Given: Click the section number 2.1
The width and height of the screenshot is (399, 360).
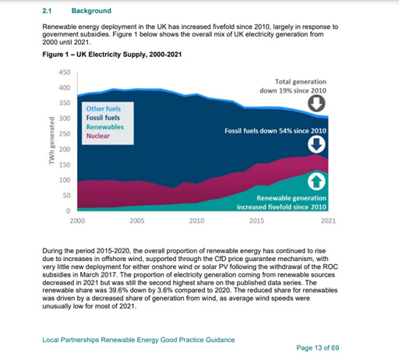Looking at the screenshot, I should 46,11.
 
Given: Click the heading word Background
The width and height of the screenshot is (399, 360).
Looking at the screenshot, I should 91,11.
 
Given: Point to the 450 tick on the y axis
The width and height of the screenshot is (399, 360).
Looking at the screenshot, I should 65,72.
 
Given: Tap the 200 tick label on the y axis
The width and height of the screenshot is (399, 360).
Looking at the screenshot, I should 65,149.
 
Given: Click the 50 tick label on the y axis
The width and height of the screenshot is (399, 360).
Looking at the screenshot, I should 66,195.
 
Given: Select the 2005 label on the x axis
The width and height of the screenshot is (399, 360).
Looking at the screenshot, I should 137,221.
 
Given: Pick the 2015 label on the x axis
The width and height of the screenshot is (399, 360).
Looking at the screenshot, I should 256,221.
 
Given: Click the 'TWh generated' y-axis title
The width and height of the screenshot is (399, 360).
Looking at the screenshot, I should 51,140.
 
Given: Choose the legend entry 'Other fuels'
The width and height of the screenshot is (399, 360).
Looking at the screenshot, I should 103,109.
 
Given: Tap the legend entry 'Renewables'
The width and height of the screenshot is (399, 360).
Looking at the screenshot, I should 104,126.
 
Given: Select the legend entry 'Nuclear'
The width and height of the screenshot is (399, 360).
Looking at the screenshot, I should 98,135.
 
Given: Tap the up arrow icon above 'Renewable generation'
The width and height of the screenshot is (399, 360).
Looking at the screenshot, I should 317,182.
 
